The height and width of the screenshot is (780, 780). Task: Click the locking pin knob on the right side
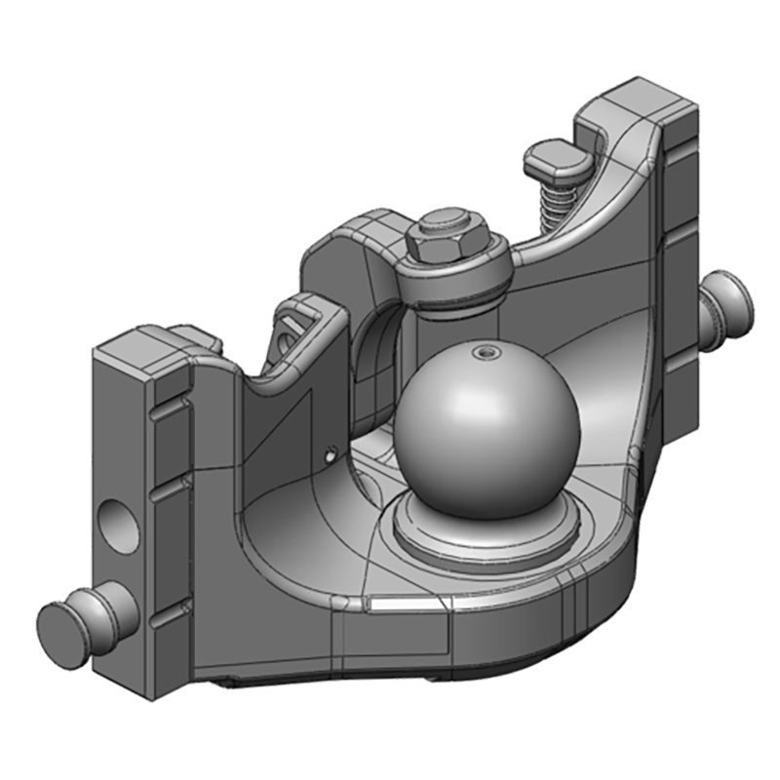coord(730,294)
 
